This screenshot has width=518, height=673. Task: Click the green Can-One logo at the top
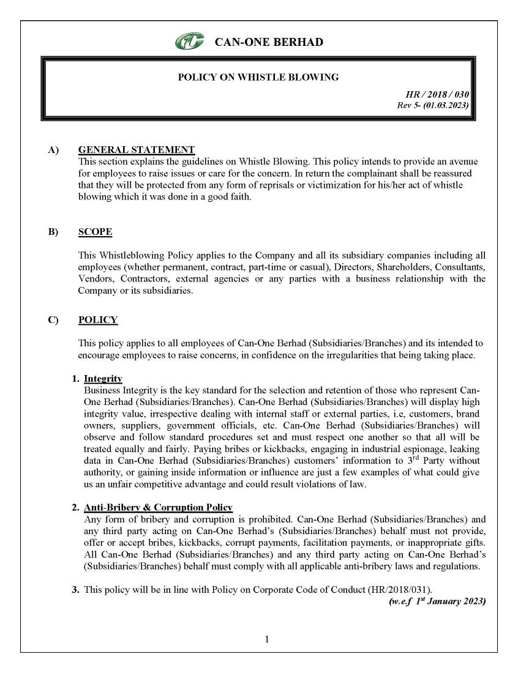click(190, 42)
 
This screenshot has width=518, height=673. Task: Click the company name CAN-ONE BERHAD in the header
click(269, 42)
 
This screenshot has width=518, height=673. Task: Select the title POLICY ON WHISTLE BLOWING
click(258, 77)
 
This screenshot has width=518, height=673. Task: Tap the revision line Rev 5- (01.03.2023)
click(433, 105)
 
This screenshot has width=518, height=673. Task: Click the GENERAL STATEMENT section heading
click(137, 150)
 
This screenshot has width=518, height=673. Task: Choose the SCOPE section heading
click(95, 232)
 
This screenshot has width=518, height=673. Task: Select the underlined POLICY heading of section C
click(98, 320)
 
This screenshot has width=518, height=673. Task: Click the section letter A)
click(53, 150)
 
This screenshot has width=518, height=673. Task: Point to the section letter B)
click(53, 232)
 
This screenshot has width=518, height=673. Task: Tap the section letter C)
click(53, 320)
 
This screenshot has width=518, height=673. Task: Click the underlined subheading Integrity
click(103, 379)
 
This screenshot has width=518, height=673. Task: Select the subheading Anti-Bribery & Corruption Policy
click(158, 508)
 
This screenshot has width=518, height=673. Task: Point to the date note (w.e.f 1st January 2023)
click(437, 602)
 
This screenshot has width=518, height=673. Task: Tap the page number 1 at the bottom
click(267, 639)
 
